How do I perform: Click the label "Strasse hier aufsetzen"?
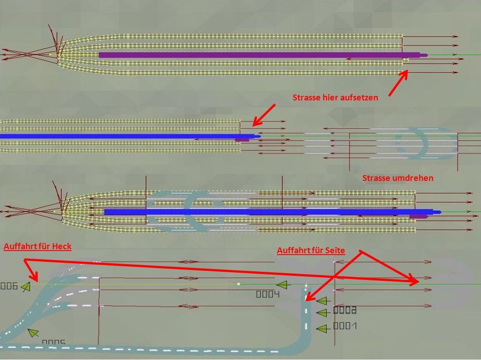(335, 97)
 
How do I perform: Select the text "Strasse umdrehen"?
(398, 178)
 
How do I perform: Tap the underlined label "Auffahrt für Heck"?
(38, 246)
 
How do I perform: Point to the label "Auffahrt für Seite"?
(311, 251)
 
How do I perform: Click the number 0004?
(268, 294)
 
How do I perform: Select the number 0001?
(345, 326)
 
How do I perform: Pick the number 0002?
(345, 310)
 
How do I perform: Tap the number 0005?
(53, 343)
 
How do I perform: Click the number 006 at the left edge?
(9, 286)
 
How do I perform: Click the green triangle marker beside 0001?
(322, 328)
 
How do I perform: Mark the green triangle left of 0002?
(322, 313)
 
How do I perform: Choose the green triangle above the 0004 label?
(282, 285)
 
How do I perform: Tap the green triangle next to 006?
(26, 286)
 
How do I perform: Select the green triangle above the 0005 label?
(33, 333)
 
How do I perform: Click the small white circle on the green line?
(238, 284)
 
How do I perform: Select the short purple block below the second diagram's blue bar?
(242, 140)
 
